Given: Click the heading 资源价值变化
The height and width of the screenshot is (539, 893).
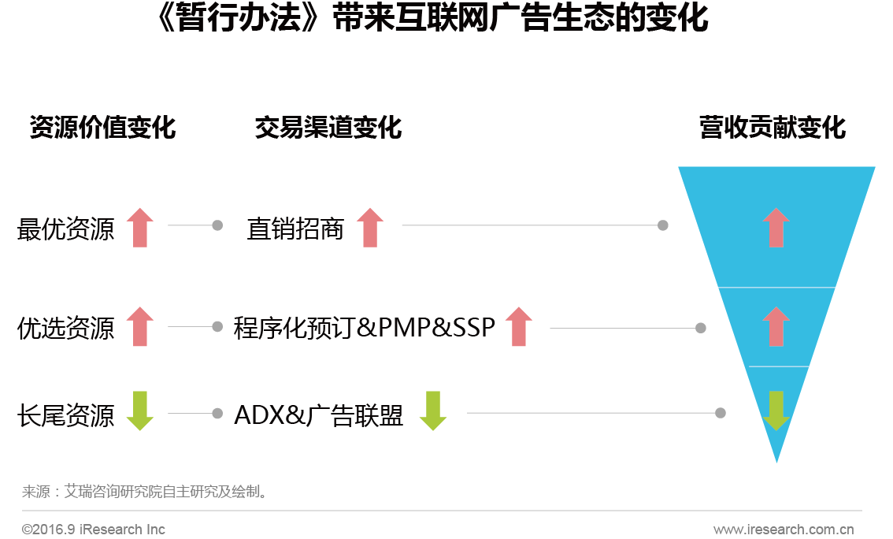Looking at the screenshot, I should (x=102, y=127).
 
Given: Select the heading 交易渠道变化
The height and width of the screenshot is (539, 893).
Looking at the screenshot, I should (x=328, y=127).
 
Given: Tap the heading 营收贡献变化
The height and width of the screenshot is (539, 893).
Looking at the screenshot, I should (x=773, y=127).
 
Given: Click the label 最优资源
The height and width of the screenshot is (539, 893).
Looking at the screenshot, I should (x=65, y=229).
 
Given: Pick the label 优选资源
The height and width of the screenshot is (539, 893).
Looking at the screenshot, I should (x=65, y=328).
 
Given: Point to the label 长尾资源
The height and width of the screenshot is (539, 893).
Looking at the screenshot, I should (x=65, y=414).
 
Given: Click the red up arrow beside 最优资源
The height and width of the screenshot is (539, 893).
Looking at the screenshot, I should (x=140, y=228).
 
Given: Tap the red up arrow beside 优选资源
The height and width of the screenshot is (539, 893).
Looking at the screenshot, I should (x=140, y=326).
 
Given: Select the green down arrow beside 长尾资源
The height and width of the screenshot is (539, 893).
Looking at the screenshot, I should (x=140, y=411).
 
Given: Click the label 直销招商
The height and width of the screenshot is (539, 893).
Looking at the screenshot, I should (x=295, y=229).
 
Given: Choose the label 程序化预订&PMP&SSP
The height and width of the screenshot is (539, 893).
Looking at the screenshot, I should (x=365, y=328).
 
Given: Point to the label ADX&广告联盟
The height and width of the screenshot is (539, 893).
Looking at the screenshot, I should (x=318, y=414).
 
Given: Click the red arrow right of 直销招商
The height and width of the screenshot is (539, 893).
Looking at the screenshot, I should (x=370, y=228).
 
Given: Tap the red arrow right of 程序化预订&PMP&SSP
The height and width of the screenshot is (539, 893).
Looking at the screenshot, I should (x=518, y=326).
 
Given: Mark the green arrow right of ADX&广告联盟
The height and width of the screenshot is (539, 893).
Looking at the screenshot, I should (x=433, y=411).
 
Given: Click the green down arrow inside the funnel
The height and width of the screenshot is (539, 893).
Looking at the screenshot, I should (x=776, y=411).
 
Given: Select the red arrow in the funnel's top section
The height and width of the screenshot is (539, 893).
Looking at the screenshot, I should (x=776, y=228).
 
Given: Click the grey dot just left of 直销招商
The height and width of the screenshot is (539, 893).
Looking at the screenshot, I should (x=217, y=225).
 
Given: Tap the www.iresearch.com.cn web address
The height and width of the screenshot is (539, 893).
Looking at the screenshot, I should (x=784, y=530).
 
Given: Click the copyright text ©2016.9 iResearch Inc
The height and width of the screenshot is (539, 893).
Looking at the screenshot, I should (x=94, y=530).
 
